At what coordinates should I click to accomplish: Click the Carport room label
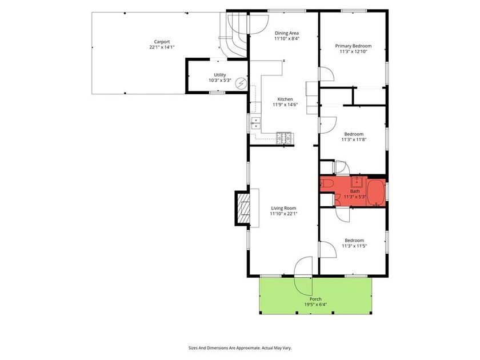pos(162,42)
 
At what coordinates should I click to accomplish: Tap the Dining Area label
pos(286,33)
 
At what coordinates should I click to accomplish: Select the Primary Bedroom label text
pos(353,46)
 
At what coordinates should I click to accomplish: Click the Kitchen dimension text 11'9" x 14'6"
pos(285,105)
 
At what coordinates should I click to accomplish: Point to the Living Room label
pos(283,208)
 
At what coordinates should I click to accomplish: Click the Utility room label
pos(220,75)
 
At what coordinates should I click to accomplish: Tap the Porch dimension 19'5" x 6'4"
pos(315,305)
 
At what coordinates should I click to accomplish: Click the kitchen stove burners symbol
pos(284,138)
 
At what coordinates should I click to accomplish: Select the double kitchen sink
pos(255,123)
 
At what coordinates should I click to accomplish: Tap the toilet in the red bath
pos(325,183)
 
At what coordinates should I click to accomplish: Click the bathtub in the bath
pos(375,193)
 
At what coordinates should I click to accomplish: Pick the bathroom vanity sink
pos(357,182)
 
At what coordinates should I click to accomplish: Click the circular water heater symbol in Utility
pos(241,83)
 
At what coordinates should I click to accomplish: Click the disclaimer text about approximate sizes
pos(240,348)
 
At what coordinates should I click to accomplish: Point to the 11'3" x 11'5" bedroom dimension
pos(354,246)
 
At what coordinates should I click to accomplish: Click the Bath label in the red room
pos(355,191)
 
